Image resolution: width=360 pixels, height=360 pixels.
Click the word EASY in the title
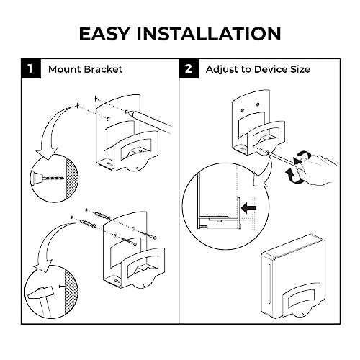105,33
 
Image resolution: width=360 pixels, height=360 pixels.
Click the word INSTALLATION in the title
209,33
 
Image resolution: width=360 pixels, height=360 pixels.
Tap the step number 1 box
31,68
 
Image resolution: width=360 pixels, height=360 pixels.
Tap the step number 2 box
189,68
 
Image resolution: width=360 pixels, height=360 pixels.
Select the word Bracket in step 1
103,69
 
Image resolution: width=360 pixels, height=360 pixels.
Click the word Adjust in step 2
222,70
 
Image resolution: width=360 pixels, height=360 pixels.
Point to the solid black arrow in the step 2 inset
249,208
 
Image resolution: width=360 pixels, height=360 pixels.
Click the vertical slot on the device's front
270,284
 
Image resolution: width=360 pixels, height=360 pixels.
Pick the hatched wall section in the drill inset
71,178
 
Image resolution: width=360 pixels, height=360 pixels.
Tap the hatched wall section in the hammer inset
71,292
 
